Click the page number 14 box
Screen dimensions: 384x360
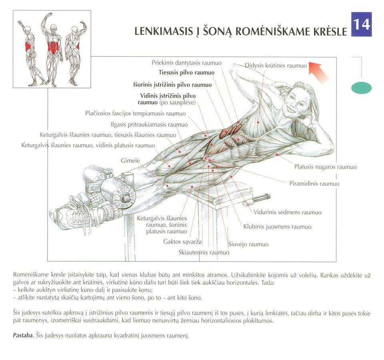pyautogui.click(x=362, y=24)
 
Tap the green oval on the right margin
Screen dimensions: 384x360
pyautogui.click(x=361, y=88)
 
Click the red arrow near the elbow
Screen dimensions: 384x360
pyautogui.click(x=318, y=72)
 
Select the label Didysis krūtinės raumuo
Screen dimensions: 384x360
pyautogui.click(x=276, y=66)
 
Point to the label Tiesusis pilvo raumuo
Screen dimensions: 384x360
pyautogui.click(x=186, y=72)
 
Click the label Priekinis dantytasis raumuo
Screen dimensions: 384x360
pyautogui.click(x=187, y=63)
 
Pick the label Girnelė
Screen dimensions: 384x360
pyautogui.click(x=130, y=161)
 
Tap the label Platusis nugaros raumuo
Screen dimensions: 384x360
pyautogui.click(x=326, y=167)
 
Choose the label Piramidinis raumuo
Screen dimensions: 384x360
pyautogui.click(x=314, y=184)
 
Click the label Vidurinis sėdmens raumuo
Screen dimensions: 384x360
pyautogui.click(x=288, y=212)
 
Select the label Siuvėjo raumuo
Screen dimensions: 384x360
pyautogui.click(x=248, y=244)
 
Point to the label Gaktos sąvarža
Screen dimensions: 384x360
pyautogui.click(x=182, y=242)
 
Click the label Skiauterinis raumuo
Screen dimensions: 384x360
pyautogui.click(x=204, y=252)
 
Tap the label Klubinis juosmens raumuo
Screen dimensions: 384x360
pyautogui.click(x=277, y=227)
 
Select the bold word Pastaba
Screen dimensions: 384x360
pyautogui.click(x=23, y=335)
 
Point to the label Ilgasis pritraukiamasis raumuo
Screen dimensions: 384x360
pyautogui.click(x=149, y=125)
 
